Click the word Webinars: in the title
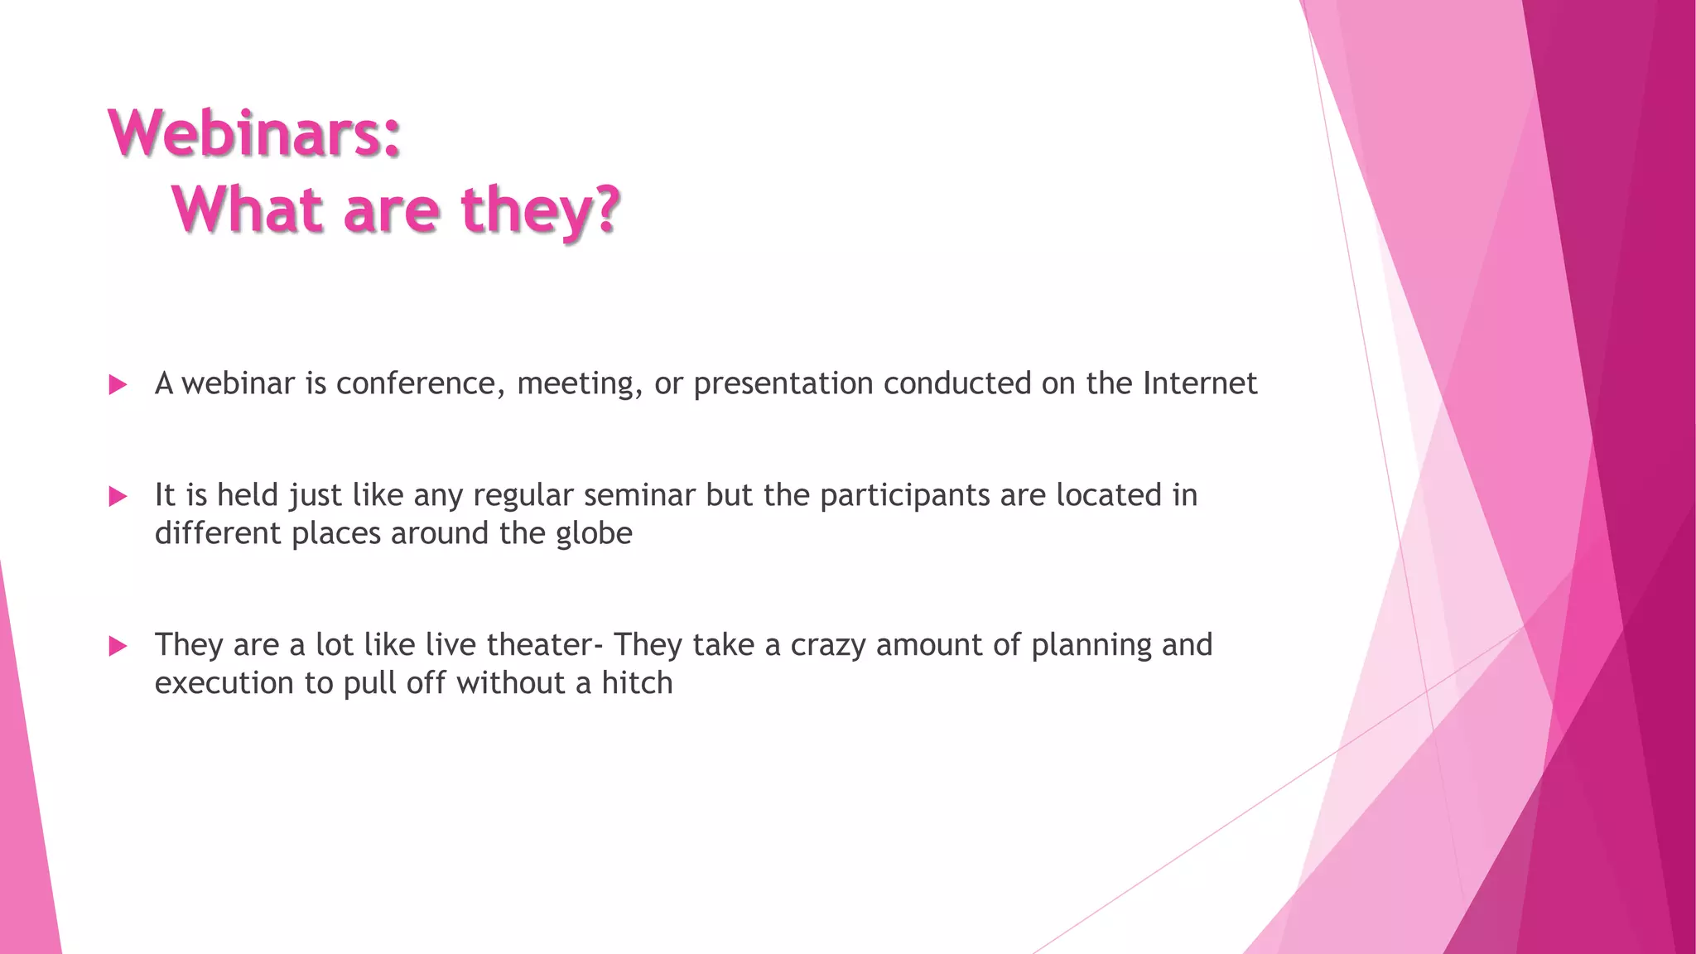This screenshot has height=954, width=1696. pos(255,133)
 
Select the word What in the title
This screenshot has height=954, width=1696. pos(248,210)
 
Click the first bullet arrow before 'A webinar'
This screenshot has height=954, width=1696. pos(118,384)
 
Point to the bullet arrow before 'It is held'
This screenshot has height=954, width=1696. pos(118,496)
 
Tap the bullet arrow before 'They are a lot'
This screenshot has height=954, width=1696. pos(118,646)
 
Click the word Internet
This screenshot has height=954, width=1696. pos(1200,383)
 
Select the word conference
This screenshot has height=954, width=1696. pos(419,384)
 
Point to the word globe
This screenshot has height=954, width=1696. pos(594,534)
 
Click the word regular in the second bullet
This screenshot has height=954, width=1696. pos(523,496)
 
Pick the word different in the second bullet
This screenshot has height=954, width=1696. pos(217,533)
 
